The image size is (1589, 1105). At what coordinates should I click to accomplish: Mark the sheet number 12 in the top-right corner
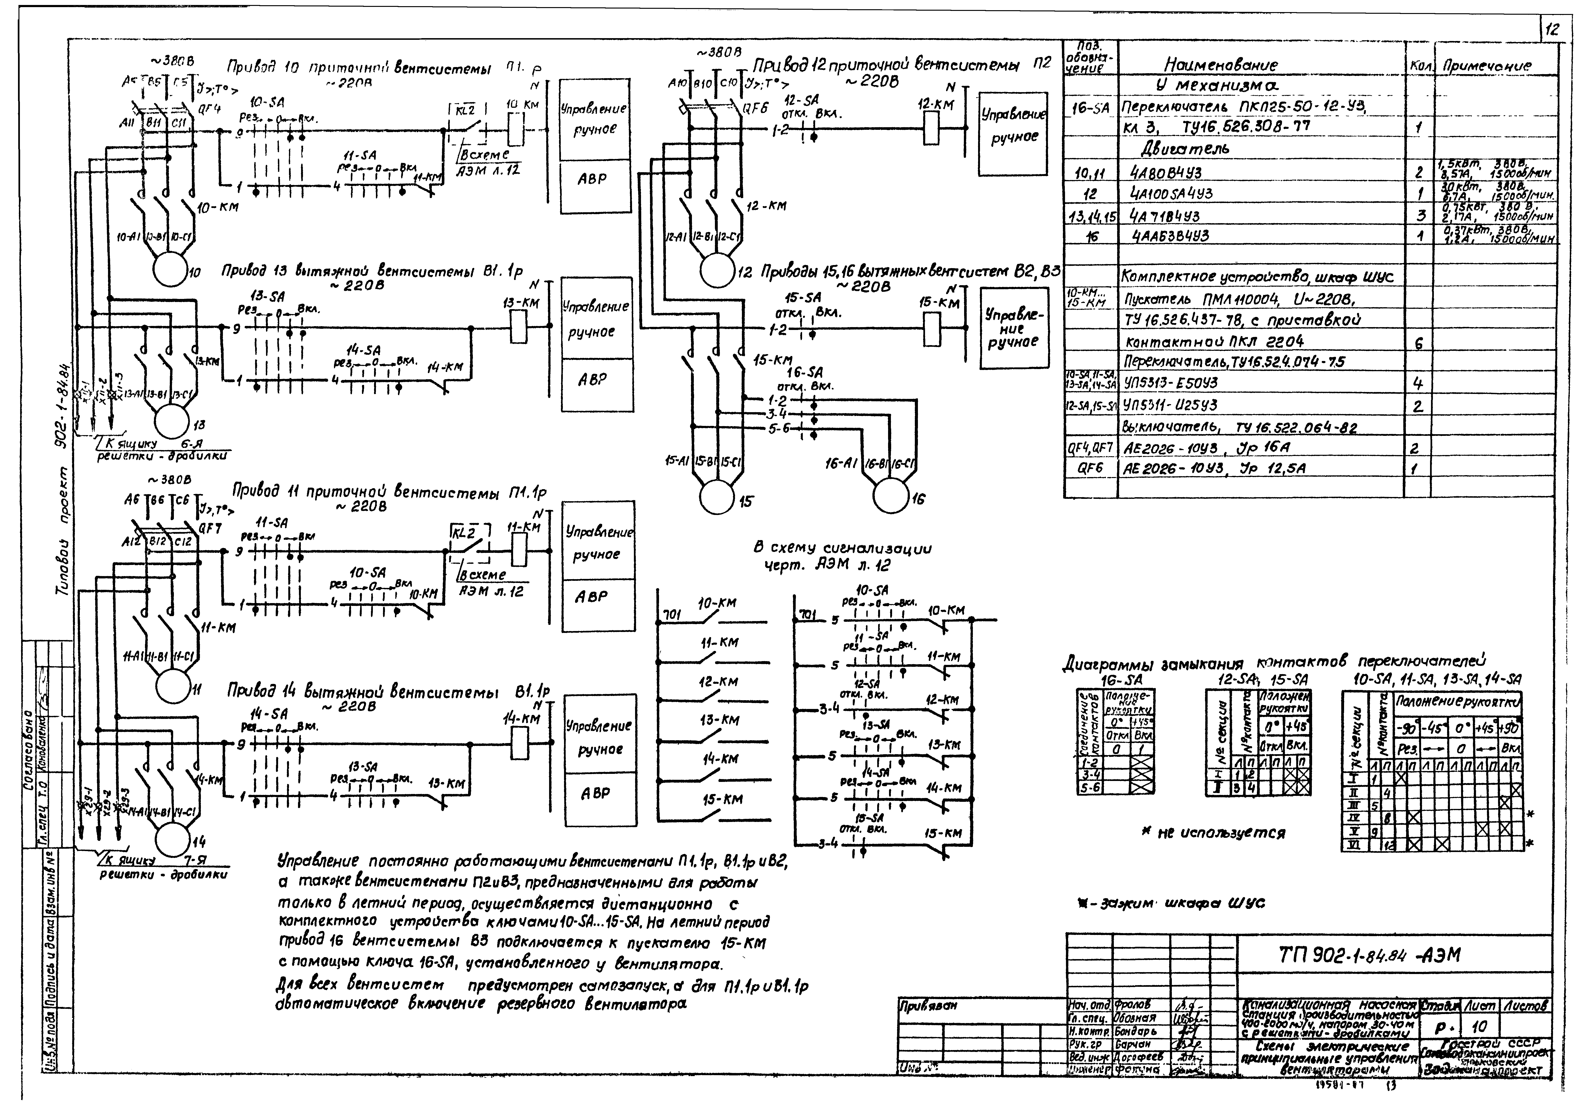(1552, 29)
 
